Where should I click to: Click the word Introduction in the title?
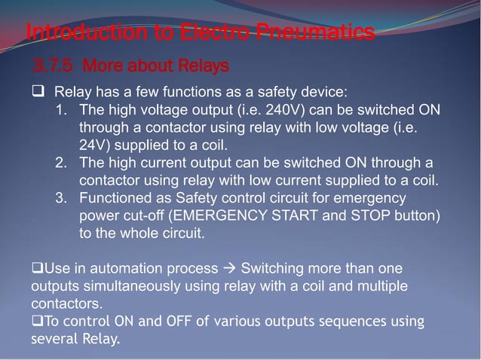[76, 33]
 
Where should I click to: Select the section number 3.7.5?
[53, 66]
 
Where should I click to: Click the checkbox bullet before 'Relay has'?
[37, 93]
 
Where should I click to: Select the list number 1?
[63, 110]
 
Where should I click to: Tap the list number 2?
[63, 162]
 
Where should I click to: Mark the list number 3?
[63, 197]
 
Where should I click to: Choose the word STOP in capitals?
[378, 215]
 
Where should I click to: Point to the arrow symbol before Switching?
[228, 269]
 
